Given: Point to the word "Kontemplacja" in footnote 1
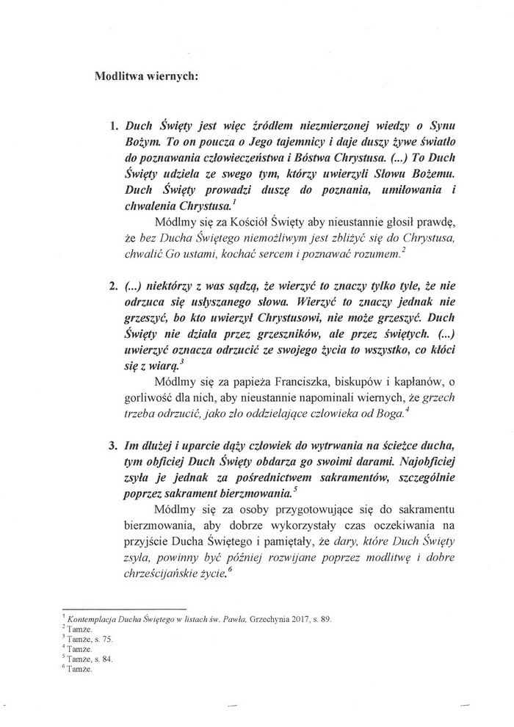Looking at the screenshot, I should click(x=89, y=619).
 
